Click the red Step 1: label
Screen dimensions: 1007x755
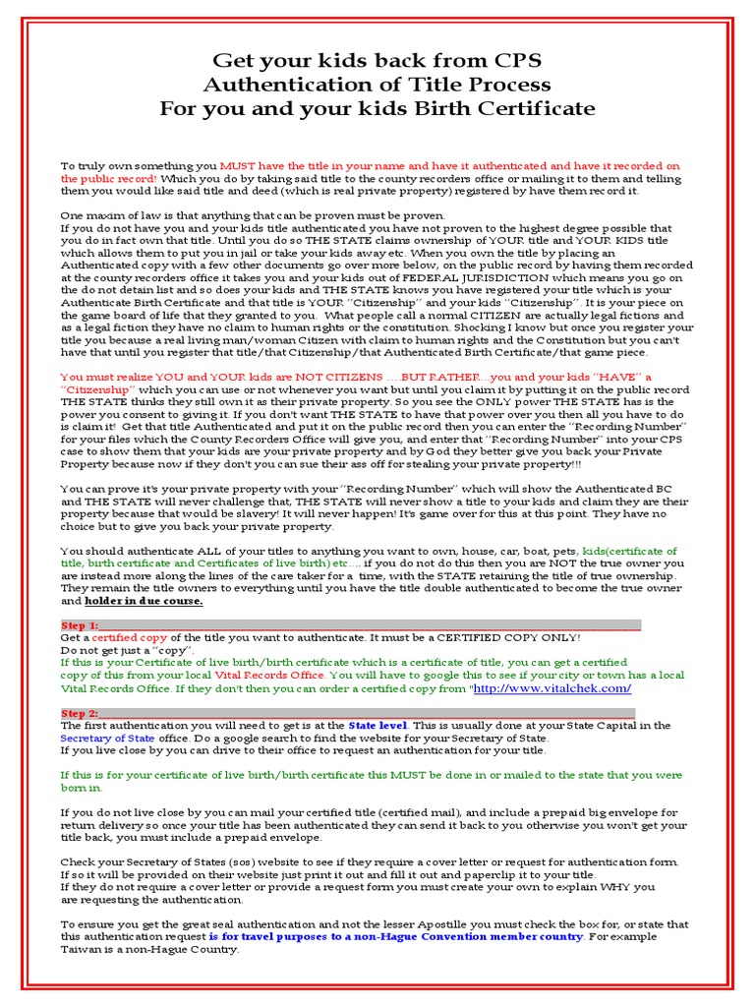tap(80, 625)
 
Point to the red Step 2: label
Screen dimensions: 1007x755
tap(80, 713)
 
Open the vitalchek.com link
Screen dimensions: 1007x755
tap(552, 688)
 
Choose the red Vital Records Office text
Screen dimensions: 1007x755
tap(277, 676)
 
